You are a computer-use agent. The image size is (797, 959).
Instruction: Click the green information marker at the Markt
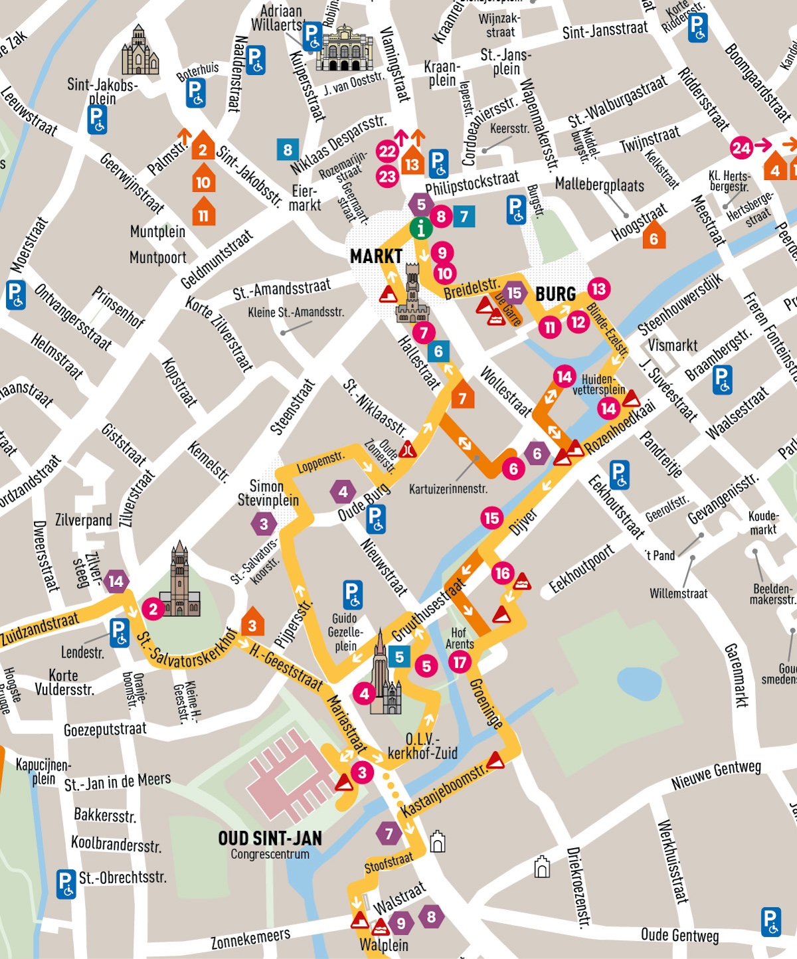420,228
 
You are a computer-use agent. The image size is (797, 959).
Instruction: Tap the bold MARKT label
376,256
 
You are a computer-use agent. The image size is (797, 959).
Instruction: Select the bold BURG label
555,294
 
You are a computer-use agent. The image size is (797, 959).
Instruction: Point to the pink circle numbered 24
741,147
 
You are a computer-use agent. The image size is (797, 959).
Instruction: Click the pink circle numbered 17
459,661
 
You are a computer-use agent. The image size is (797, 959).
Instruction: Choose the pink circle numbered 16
502,573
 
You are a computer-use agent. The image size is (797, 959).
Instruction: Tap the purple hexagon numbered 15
514,293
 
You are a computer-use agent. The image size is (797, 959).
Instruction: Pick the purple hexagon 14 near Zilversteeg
116,582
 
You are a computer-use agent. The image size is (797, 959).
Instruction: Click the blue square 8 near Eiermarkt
288,150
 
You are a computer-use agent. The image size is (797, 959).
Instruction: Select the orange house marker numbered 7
462,396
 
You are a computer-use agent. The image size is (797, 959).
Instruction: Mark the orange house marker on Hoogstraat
654,237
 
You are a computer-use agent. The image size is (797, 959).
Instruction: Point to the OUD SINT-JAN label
270,839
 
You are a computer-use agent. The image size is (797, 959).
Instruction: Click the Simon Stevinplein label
268,493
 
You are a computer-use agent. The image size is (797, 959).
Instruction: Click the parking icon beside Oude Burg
375,519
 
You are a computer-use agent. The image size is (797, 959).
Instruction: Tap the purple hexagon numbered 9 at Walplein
400,923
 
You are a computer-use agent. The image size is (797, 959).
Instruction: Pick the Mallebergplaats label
599,185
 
